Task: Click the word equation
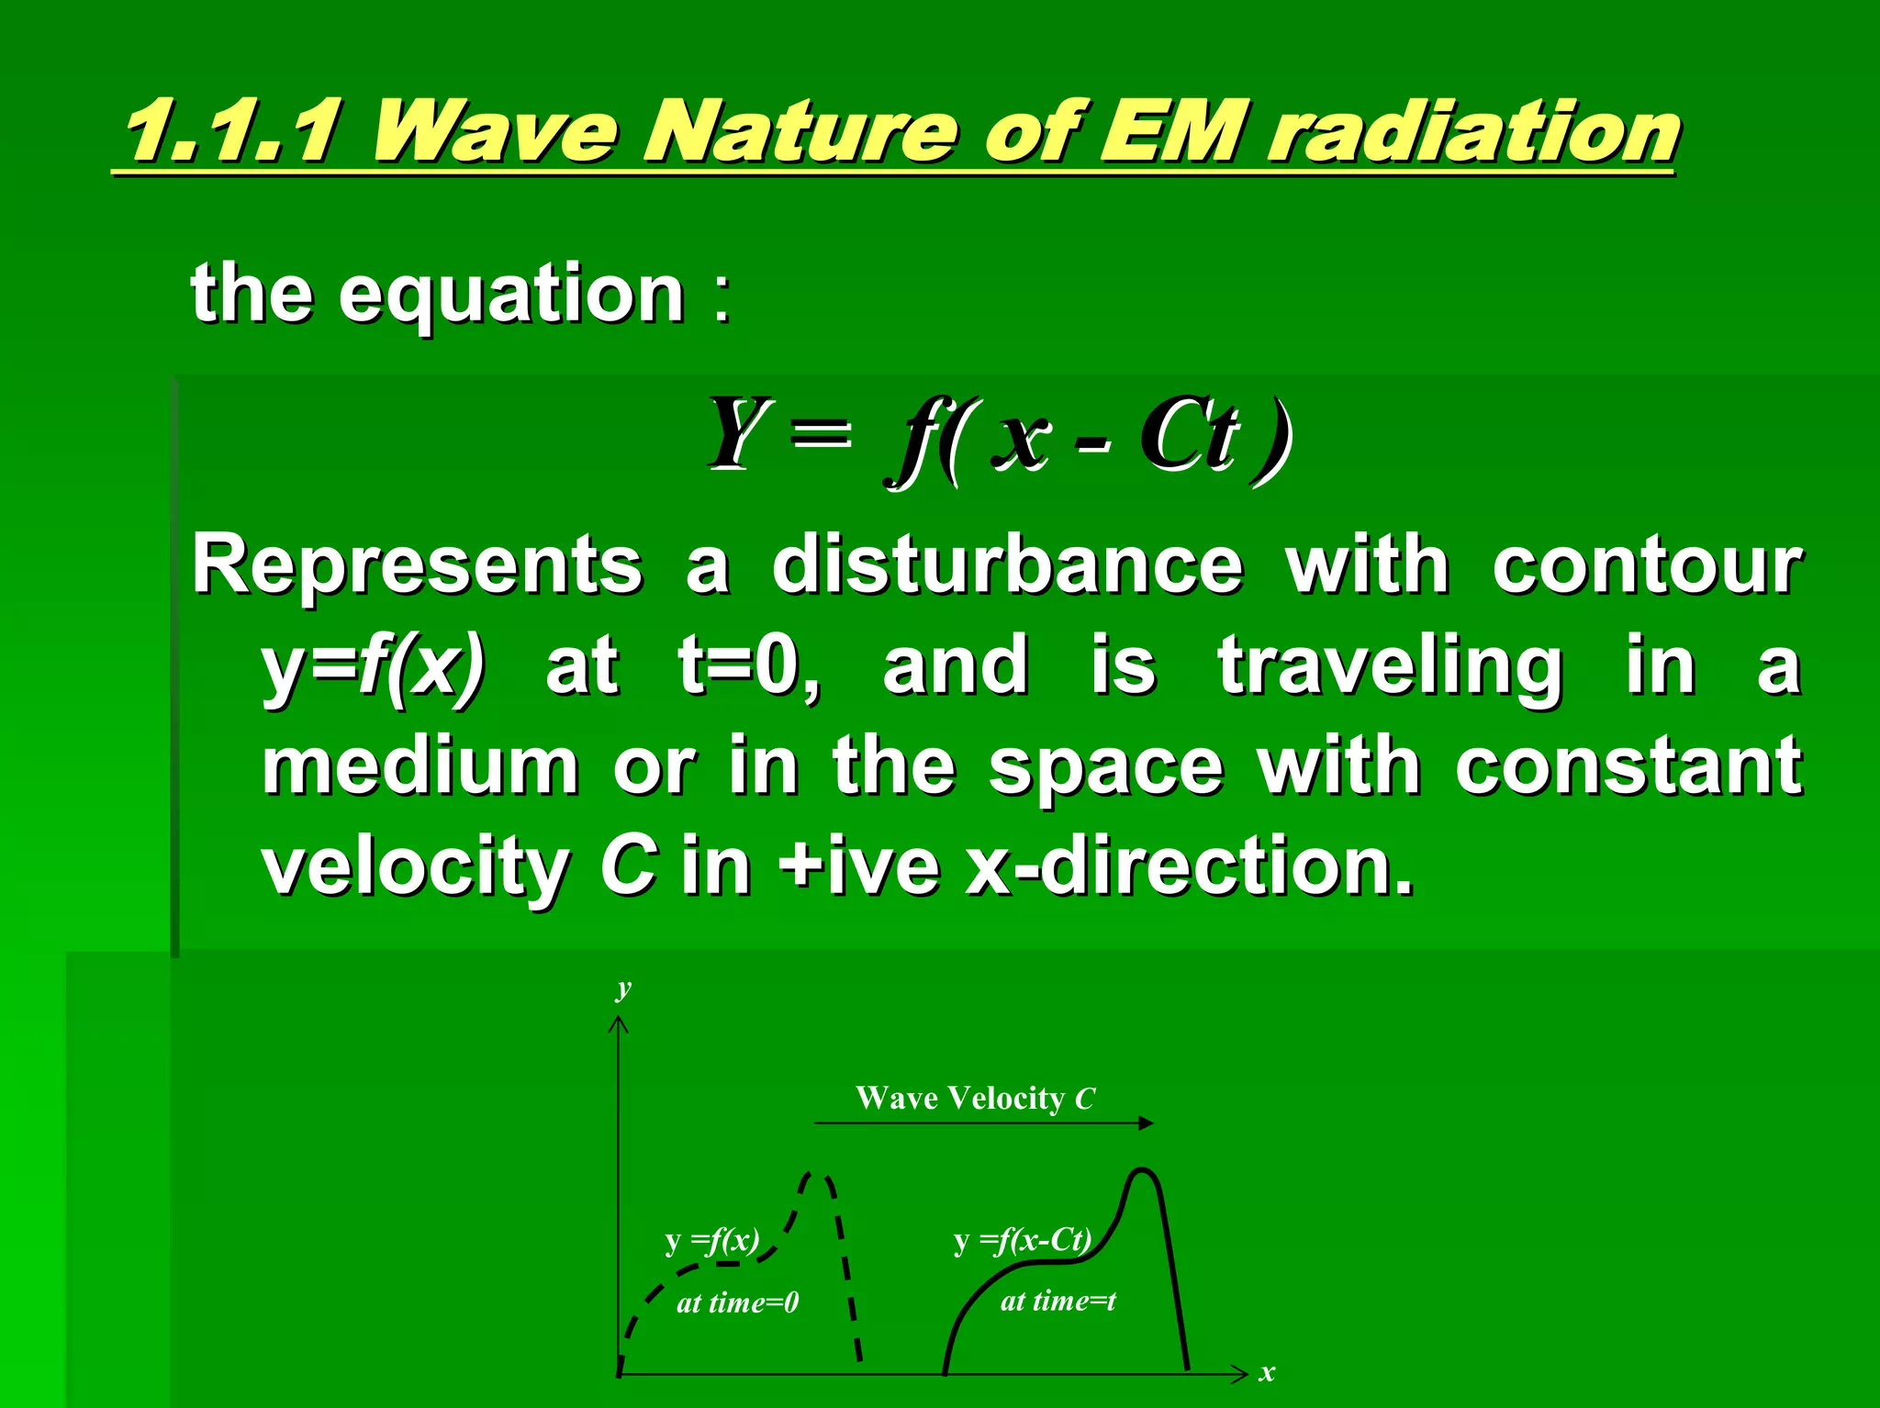tap(511, 296)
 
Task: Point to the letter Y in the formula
tap(737, 432)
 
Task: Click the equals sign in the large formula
tap(820, 432)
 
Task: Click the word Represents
tap(417, 566)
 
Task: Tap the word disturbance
tap(1007, 566)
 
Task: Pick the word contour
tap(1647, 566)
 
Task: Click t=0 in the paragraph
tap(748, 667)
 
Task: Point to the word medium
tap(420, 767)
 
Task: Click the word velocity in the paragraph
tap(415, 868)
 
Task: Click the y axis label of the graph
tap(624, 988)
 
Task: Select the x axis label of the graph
tap(1267, 1373)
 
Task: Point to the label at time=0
tap(737, 1302)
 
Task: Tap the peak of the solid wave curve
tap(1142, 1171)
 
